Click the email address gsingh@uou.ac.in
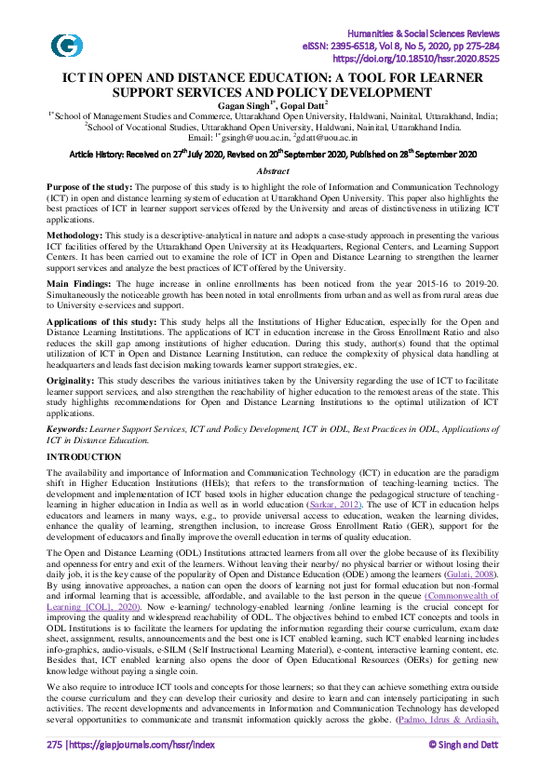(268, 137)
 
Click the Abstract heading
(277, 171)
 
